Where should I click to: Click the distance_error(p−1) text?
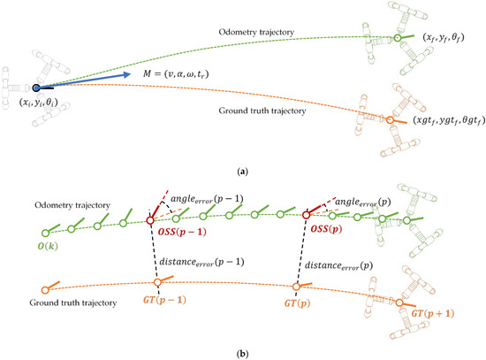204,262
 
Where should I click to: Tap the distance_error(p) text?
344,264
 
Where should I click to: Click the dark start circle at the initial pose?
36,88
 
